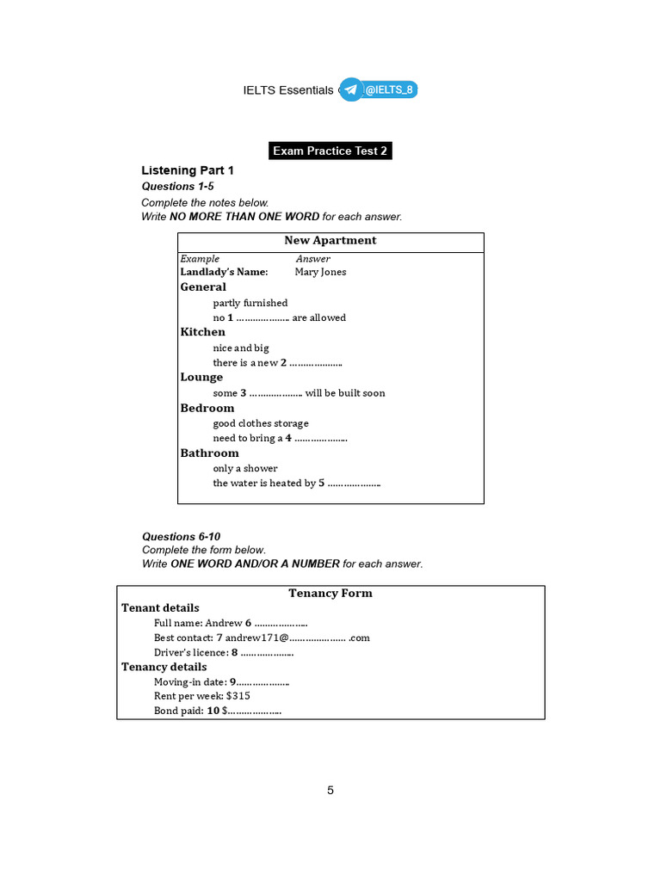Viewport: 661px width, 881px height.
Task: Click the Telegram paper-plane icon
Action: coord(351,89)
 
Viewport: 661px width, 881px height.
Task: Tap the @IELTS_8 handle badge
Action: coord(389,89)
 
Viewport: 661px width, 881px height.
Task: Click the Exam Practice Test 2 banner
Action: coord(330,151)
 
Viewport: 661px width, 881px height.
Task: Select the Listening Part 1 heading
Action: coord(188,170)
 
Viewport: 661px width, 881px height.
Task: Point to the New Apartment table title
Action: coord(330,241)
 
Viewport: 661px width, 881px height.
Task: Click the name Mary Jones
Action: coord(320,272)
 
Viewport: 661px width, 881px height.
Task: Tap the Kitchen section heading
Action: coord(203,332)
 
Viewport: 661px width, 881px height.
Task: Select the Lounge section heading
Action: coord(201,377)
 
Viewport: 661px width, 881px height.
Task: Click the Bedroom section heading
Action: coord(207,408)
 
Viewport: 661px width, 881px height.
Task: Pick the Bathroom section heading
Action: coord(210,453)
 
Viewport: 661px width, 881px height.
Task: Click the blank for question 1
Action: coord(263,318)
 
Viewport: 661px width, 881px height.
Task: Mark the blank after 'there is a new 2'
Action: coord(316,363)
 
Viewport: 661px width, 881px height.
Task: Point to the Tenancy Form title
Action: coord(330,593)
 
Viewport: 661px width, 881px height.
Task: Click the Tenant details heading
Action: coord(160,607)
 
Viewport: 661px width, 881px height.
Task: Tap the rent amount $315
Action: coord(238,695)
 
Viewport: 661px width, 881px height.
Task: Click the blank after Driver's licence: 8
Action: coord(267,653)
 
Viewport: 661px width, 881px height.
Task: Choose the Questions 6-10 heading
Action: coord(182,536)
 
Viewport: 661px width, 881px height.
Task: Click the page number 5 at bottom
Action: coord(330,791)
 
